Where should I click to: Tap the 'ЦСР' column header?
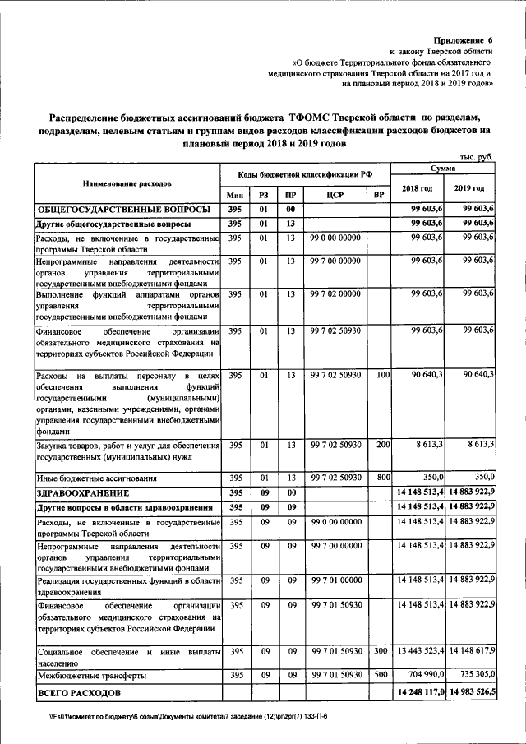(x=335, y=194)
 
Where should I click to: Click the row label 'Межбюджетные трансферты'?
(x=91, y=675)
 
